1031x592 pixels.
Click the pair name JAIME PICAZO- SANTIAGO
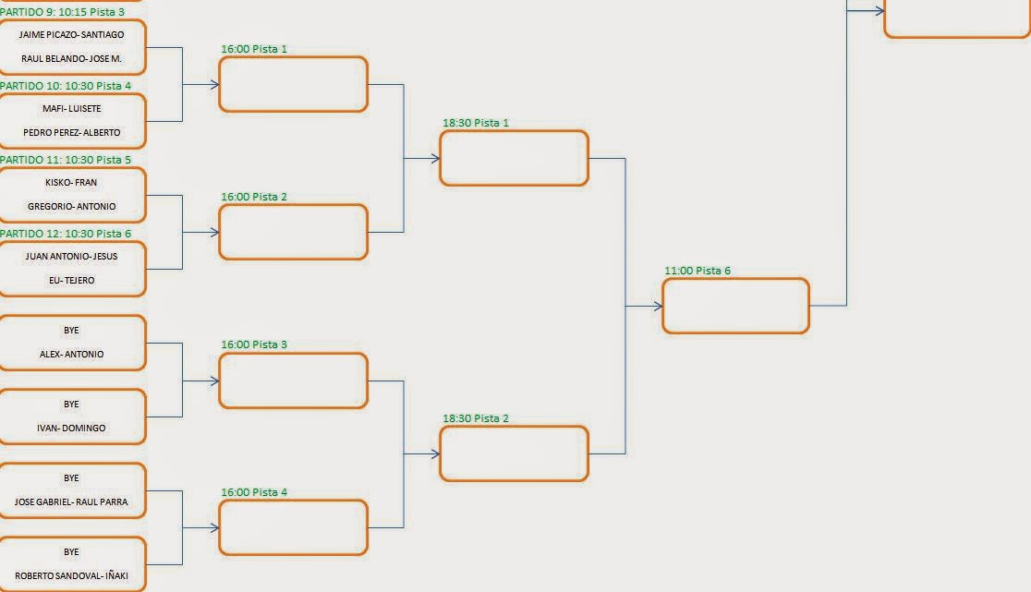71,35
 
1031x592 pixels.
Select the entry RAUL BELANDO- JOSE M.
71,58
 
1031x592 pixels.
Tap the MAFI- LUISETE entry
71,109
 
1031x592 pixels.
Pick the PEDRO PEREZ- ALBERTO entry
71,132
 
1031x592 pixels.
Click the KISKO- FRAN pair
71,183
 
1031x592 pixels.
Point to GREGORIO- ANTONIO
71,206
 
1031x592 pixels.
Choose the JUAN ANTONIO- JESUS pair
71,257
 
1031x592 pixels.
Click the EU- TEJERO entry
71,280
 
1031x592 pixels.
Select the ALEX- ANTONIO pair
71,354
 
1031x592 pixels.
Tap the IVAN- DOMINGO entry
71,428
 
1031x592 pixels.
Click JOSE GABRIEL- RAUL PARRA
71,501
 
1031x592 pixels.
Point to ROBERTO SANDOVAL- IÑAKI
71,575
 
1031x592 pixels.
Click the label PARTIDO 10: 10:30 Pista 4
66,86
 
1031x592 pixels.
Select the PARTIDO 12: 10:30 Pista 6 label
66,234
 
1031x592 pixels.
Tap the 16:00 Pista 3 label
254,344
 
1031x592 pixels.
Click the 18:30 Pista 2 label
476,418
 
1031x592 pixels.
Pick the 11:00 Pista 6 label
697,271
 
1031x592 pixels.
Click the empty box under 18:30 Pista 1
514,158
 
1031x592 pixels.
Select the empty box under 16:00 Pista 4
293,527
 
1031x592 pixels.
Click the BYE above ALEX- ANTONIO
71,331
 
